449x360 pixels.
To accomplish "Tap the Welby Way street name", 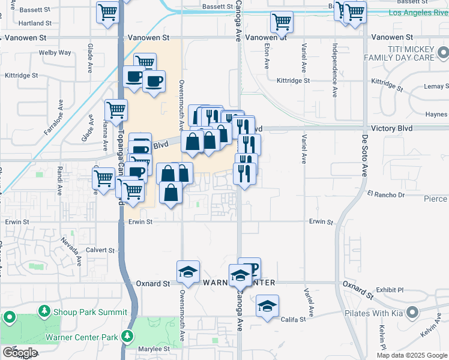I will click(55, 53).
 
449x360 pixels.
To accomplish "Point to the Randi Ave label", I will click(59, 185).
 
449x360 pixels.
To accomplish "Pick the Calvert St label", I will click(100, 250).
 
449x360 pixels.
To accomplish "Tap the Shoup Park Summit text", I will click(91, 312).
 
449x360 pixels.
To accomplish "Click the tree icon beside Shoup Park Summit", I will click(44, 311).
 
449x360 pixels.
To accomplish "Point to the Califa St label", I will click(294, 320).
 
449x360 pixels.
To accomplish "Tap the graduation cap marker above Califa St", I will click(267, 306).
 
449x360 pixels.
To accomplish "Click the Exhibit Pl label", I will click(390, 289).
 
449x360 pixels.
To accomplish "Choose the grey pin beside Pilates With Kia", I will click(412, 312).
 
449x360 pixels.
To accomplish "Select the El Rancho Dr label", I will click(386, 194).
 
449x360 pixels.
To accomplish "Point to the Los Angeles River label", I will click(410, 12).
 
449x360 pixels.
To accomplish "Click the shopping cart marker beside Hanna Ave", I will click(116, 110).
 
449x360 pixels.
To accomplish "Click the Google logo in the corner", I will click(20, 353).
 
